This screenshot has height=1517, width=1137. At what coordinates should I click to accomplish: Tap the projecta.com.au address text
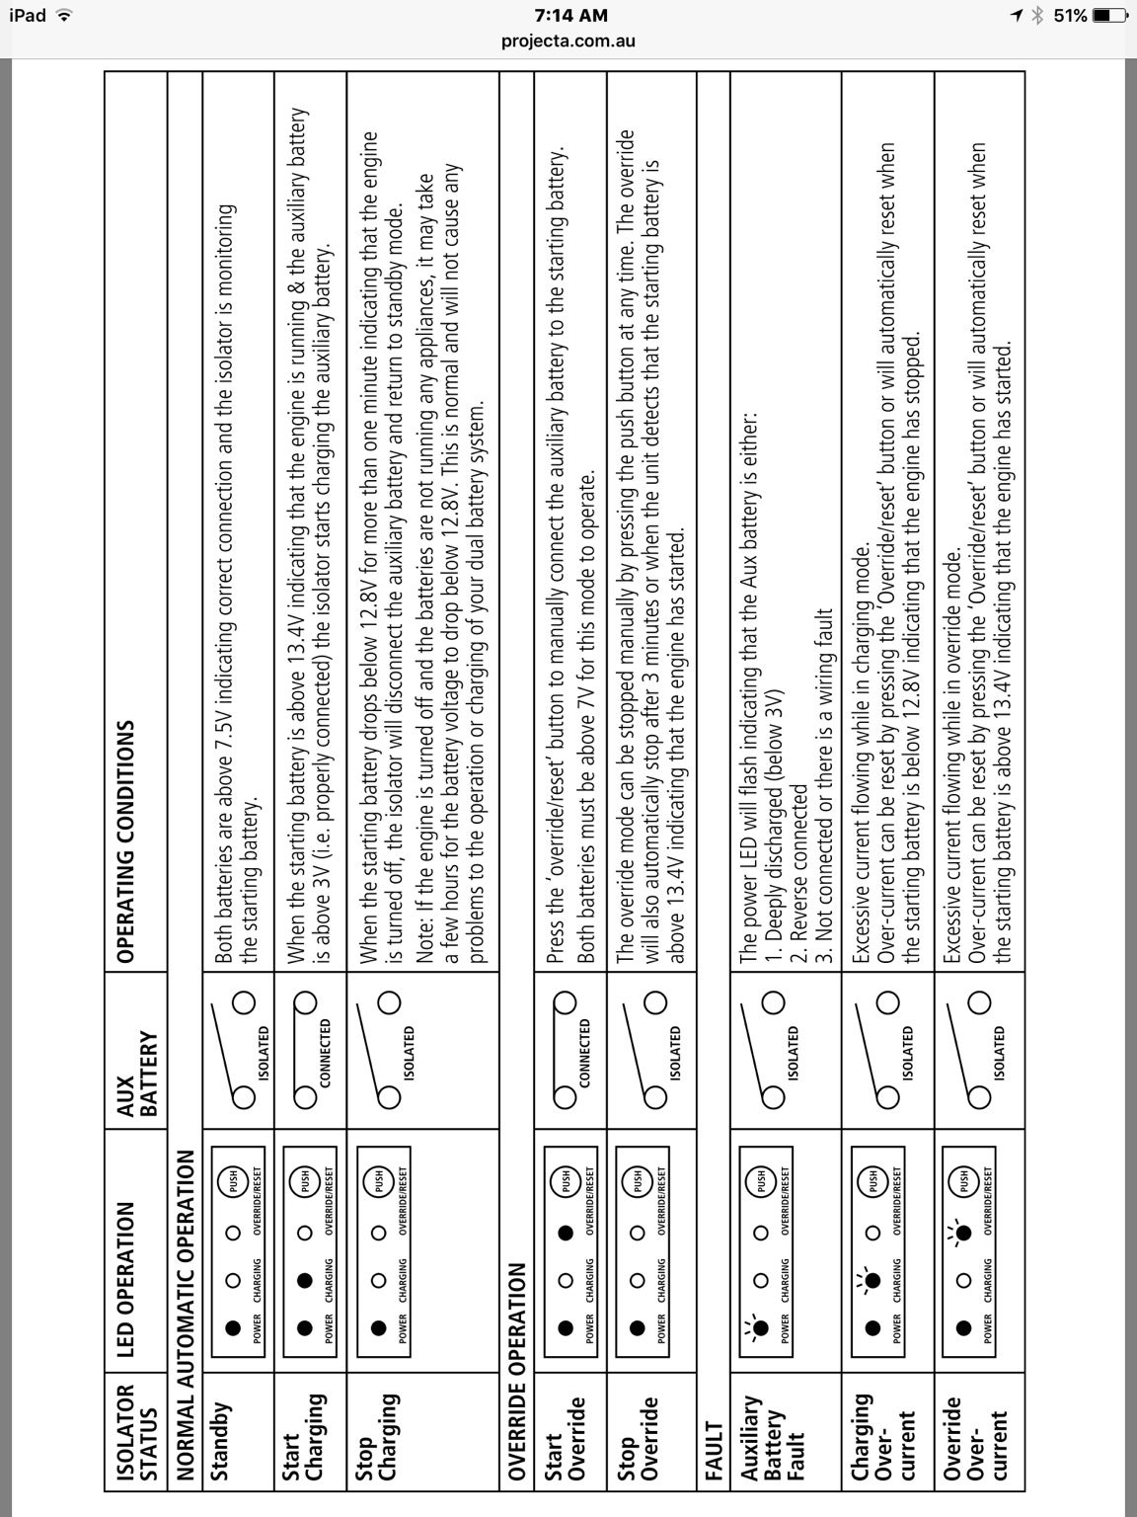click(568, 40)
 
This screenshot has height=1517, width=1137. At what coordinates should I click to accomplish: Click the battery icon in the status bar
click(1109, 15)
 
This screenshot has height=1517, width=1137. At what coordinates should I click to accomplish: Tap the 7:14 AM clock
click(570, 15)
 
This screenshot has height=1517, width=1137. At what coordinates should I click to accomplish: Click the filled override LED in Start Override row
click(565, 1233)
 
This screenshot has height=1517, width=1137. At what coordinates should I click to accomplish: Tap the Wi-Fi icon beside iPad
click(65, 15)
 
